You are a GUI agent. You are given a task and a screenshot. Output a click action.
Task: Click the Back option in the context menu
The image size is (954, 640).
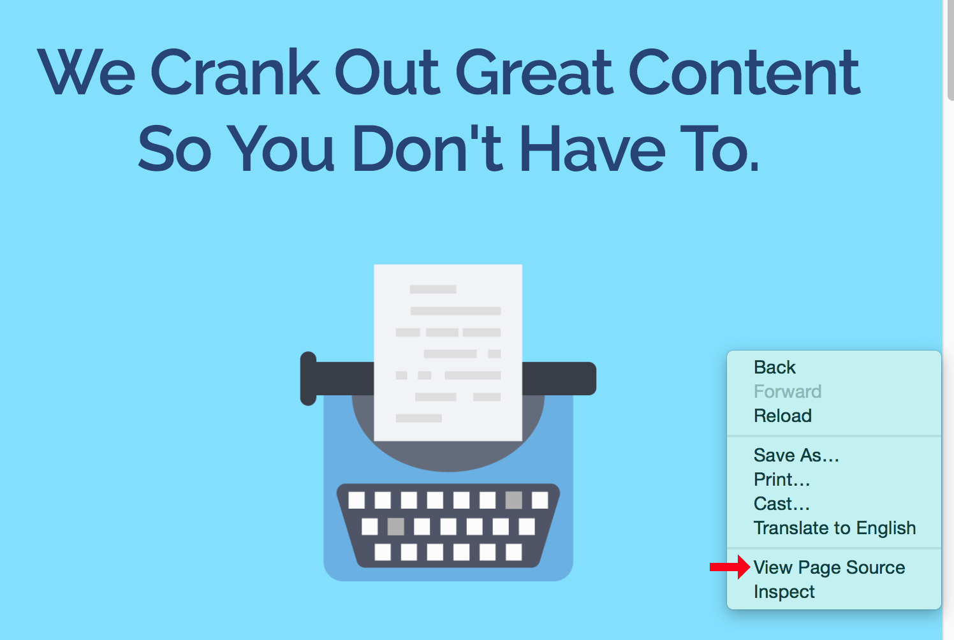(x=774, y=367)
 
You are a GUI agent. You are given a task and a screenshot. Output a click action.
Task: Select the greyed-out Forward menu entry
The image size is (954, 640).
(x=788, y=391)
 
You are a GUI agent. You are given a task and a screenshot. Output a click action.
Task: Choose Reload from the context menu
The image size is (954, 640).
(x=783, y=416)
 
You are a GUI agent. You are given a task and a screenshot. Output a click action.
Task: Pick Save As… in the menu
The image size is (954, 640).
(x=796, y=455)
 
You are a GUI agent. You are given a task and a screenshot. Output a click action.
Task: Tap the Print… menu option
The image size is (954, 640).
(x=782, y=479)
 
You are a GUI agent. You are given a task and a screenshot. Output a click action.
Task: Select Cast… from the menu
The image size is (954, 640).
(x=782, y=504)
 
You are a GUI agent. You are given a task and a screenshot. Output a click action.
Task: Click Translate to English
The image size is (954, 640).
(x=835, y=528)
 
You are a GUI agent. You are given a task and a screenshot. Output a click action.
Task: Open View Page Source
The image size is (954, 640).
(x=829, y=567)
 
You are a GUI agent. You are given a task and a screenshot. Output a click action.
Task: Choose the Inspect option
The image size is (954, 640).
(x=784, y=592)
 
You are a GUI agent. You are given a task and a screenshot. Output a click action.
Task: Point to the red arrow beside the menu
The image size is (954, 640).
(x=730, y=567)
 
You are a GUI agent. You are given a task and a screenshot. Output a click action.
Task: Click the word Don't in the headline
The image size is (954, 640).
(x=427, y=148)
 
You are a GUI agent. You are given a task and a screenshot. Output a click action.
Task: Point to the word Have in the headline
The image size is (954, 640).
(x=592, y=148)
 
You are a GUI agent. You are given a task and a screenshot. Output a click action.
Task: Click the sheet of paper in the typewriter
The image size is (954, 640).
(x=448, y=353)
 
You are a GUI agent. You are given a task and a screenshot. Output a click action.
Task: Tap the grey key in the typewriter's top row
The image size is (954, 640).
(x=513, y=500)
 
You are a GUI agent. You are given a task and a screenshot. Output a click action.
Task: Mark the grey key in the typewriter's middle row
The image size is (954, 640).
(x=395, y=527)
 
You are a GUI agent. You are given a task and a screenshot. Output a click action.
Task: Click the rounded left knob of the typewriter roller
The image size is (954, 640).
(x=309, y=379)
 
